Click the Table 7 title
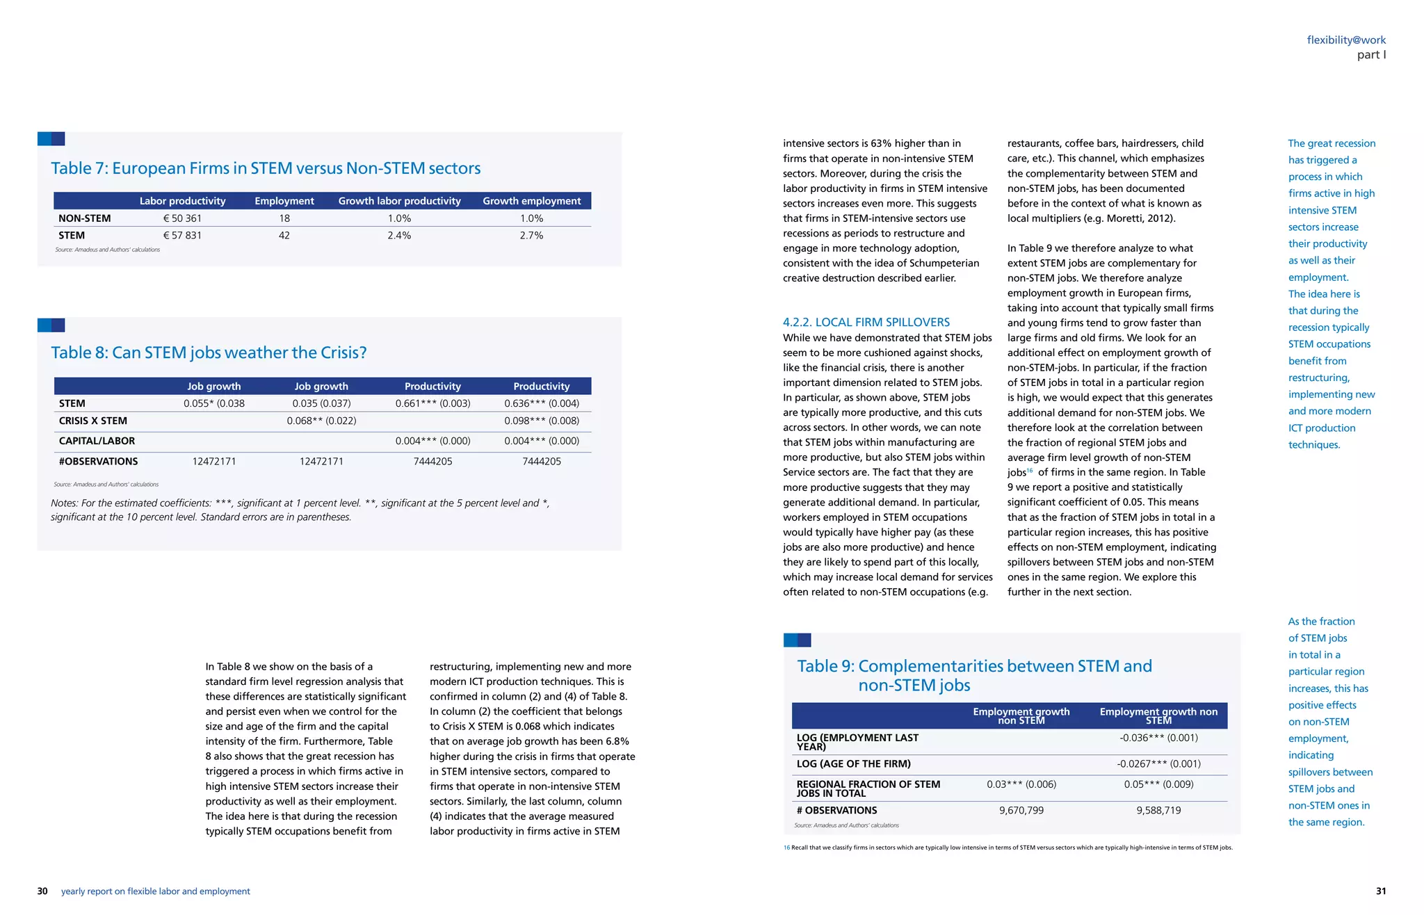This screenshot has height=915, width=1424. tap(266, 168)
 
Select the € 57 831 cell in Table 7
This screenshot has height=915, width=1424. tap(182, 236)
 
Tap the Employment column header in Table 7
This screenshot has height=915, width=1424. tap(284, 201)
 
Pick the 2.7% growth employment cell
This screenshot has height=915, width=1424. tap(531, 236)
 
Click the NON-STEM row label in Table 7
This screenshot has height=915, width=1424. tap(85, 218)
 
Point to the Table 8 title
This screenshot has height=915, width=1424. tap(209, 353)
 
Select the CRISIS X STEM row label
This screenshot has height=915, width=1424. tap(93, 421)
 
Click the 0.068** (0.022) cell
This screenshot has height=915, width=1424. tap(321, 421)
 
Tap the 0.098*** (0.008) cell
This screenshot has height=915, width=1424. tap(542, 421)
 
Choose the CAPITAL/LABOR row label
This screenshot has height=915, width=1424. tap(97, 441)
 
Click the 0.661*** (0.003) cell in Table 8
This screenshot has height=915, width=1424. tap(432, 403)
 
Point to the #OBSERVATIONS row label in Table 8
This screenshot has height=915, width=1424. tap(98, 461)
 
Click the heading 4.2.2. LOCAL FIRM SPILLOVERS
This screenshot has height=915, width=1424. tap(866, 322)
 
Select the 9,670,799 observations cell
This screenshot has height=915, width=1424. tap(1021, 810)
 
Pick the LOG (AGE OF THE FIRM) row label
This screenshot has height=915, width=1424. tap(853, 763)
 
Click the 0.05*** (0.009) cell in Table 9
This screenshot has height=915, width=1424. tap(1158, 784)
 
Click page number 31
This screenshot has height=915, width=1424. tap(1380, 891)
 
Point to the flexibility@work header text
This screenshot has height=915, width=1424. tap(1346, 40)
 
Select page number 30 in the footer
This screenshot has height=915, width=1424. tap(42, 891)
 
